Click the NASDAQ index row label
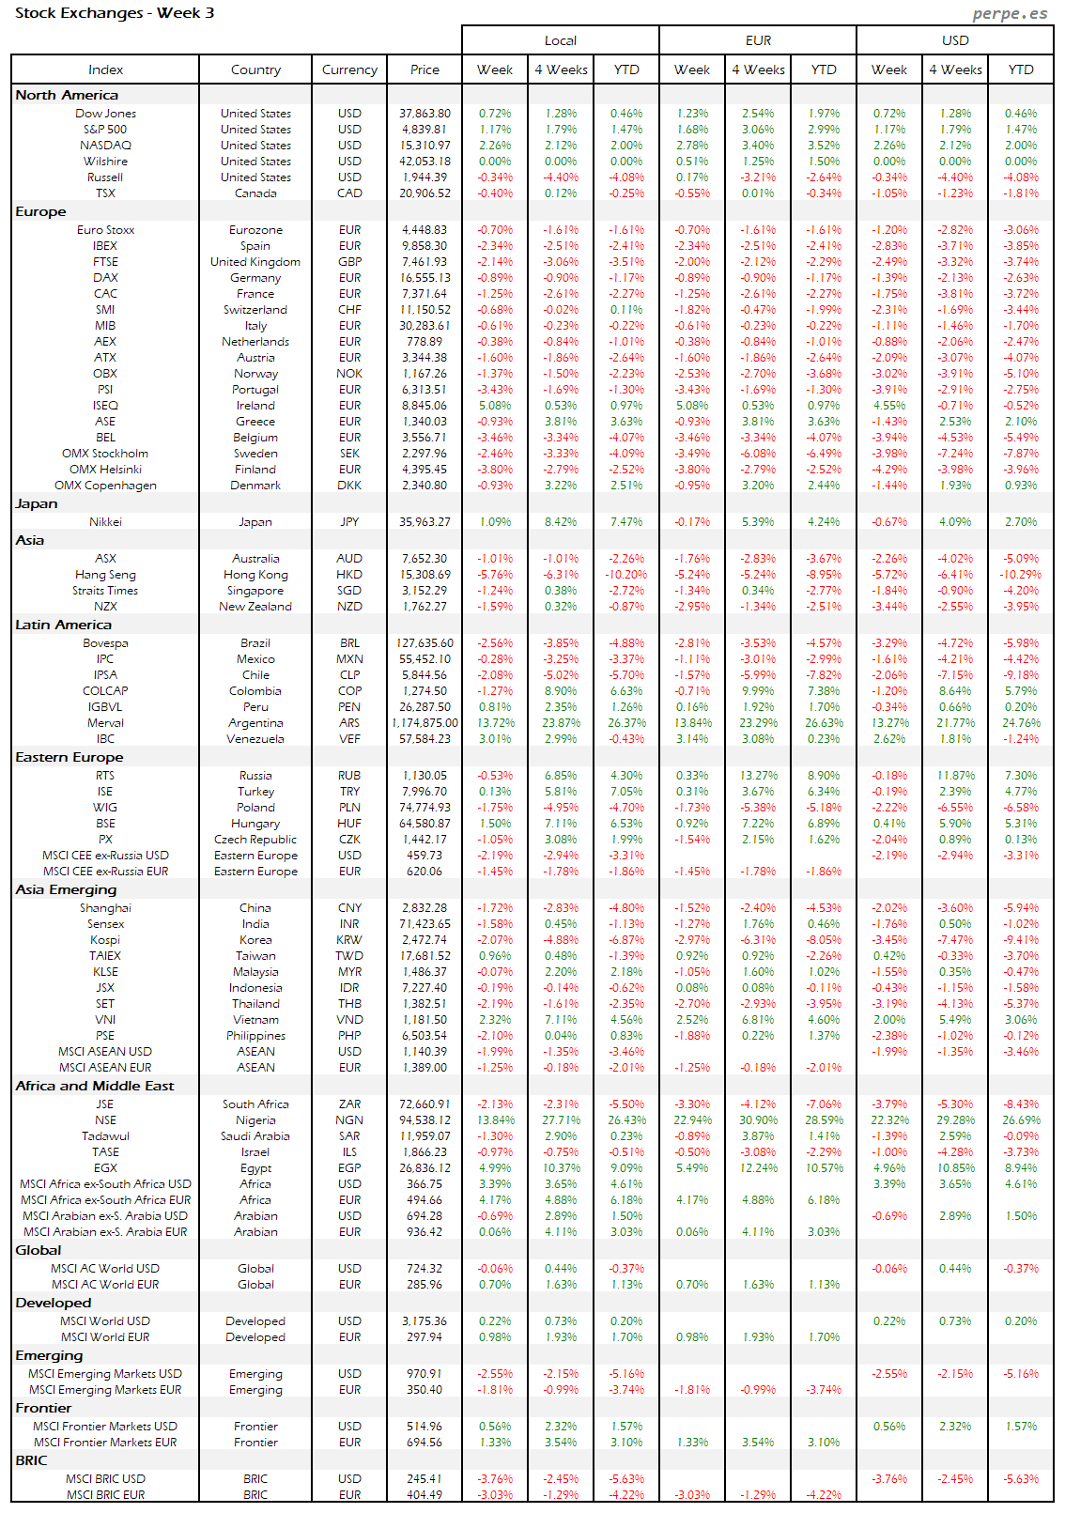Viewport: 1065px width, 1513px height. coord(105,146)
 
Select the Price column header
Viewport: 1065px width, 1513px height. coord(424,69)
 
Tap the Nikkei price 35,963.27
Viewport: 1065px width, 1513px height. coord(424,522)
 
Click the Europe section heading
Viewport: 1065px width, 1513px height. coord(40,212)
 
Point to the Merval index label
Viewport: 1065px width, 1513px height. coord(105,723)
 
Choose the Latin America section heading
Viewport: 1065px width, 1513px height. coord(63,625)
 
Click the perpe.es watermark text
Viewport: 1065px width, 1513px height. coord(1010,13)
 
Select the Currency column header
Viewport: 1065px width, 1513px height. coord(349,69)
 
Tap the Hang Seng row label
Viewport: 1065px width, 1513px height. coord(105,575)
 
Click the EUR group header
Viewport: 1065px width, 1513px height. coord(758,40)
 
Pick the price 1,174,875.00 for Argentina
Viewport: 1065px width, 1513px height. coord(424,723)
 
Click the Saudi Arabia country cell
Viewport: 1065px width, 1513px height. coord(255,1136)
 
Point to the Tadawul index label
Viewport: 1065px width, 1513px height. coord(105,1136)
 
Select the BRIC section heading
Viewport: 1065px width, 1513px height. coord(31,1461)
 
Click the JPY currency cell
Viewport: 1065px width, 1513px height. coord(349,522)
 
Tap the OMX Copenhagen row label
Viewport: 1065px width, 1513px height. coord(105,486)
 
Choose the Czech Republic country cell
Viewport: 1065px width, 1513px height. coord(255,840)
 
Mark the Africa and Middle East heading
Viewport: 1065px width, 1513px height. coord(95,1087)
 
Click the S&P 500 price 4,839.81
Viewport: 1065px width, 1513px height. coord(424,130)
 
